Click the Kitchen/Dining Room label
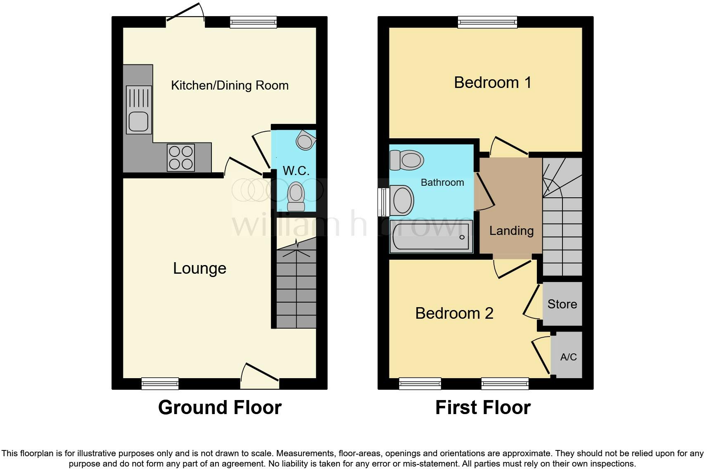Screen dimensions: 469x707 230,85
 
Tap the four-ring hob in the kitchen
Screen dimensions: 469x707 181,157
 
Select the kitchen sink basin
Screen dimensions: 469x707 138,121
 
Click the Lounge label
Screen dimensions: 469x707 199,268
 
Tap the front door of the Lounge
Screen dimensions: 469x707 260,377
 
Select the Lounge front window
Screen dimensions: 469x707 160,384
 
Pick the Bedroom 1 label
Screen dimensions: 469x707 492,83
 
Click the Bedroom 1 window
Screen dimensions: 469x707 487,22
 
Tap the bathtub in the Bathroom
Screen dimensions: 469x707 431,237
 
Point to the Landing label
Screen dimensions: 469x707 511,231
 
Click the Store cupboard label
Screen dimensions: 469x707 562,304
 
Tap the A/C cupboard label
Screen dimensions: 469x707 568,357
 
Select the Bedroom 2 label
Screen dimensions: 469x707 454,313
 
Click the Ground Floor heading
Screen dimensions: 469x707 220,407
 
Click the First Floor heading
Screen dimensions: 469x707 483,407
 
